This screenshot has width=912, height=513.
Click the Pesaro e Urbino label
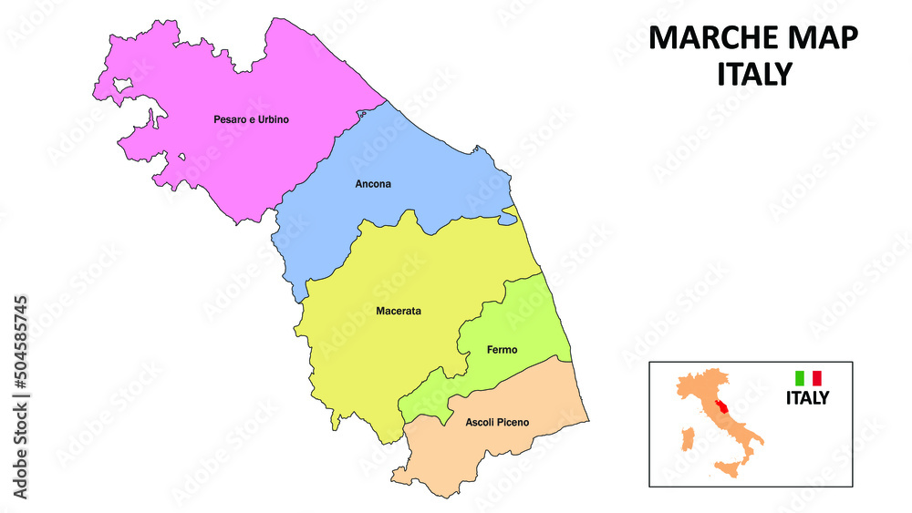(x=251, y=119)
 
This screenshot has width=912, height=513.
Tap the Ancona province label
(x=373, y=184)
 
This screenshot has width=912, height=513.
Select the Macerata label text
(x=399, y=312)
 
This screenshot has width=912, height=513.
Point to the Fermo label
(x=503, y=350)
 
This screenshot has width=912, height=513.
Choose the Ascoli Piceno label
(x=497, y=423)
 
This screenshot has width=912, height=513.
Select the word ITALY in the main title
(x=753, y=74)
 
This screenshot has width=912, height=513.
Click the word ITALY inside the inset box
(x=808, y=398)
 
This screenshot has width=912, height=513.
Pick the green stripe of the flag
(x=800, y=377)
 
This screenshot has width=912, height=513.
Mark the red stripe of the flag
(x=817, y=377)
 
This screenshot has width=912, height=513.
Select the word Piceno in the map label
(x=512, y=423)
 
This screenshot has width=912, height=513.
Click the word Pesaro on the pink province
(x=230, y=119)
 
